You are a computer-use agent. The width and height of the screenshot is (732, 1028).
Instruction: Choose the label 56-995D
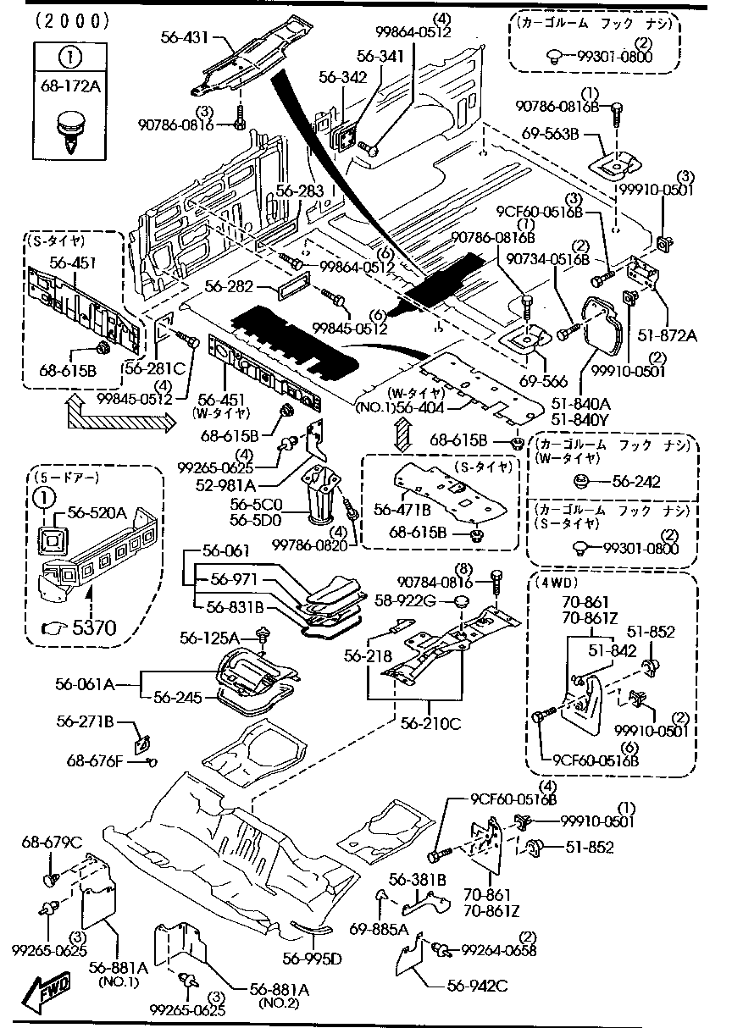pos(312,958)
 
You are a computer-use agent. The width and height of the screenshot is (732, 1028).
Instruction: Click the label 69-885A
pos(379,928)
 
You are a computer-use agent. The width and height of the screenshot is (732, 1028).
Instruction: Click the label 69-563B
pos(551,133)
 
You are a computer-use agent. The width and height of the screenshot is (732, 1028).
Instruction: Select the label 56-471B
pos(402,509)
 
